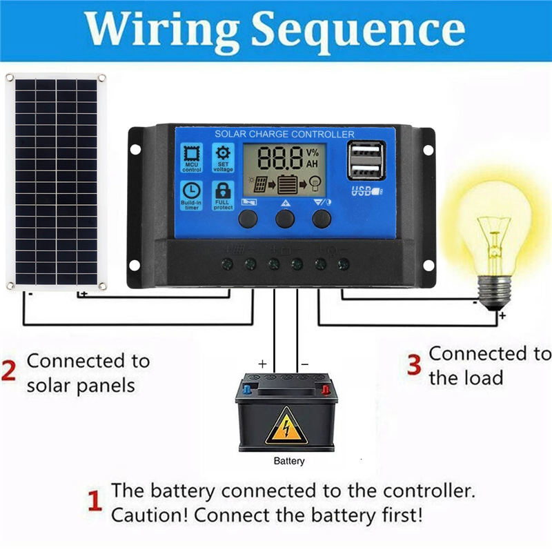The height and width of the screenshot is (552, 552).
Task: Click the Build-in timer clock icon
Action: [x=193, y=194]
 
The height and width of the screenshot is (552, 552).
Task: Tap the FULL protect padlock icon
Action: [x=223, y=194]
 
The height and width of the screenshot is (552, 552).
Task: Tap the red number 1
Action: [x=95, y=502]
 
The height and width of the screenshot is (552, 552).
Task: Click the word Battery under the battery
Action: [x=288, y=461]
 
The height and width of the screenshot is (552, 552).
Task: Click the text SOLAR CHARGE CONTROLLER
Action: [x=284, y=134]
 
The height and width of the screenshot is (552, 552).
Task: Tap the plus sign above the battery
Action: [x=262, y=362]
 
